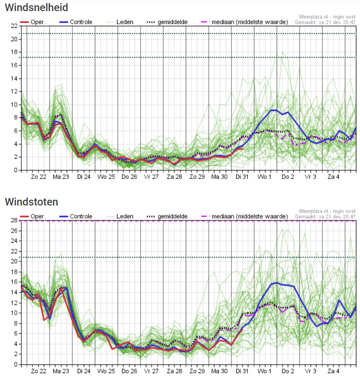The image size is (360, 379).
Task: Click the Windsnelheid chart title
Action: (x=36, y=8)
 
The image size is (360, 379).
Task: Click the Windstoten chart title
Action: (x=31, y=202)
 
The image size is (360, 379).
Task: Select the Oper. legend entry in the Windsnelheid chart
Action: (x=33, y=22)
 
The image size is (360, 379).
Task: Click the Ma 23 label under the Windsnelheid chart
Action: (x=61, y=177)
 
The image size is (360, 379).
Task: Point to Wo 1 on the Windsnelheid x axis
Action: (x=265, y=177)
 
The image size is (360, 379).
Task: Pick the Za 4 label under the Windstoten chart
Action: (x=333, y=371)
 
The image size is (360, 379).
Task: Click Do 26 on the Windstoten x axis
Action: (x=129, y=371)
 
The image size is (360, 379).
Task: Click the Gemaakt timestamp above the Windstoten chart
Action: (x=325, y=216)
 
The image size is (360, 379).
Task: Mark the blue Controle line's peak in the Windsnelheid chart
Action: (x=274, y=110)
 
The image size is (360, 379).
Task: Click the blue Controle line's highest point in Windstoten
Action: (x=277, y=282)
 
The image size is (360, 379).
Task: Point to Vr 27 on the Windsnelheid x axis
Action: (x=152, y=177)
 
